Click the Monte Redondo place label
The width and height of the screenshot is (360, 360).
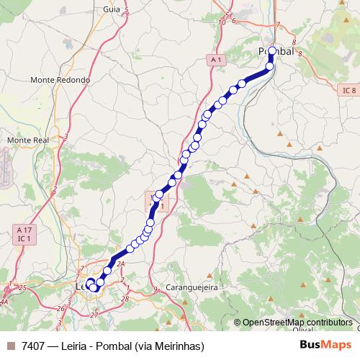60,80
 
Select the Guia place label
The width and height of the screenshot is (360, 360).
112,9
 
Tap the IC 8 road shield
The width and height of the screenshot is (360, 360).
348,90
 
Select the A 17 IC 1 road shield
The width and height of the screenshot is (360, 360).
24,233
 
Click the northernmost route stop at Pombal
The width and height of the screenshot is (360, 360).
272,50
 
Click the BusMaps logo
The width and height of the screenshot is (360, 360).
325,345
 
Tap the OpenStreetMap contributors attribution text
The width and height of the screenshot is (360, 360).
297,323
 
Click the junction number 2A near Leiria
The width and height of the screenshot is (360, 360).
121,265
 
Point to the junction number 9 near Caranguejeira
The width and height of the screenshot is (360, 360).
156,289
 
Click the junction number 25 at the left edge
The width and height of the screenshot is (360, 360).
22,288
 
